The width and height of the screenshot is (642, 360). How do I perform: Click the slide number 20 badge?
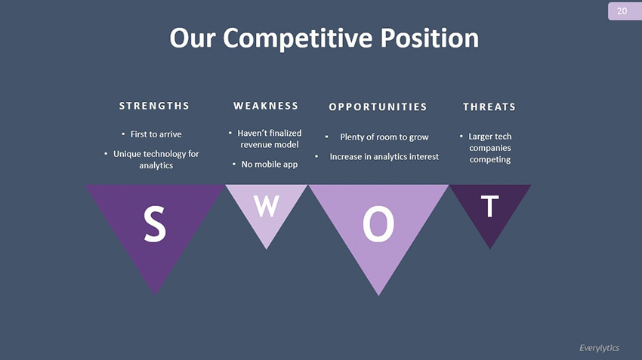(622, 11)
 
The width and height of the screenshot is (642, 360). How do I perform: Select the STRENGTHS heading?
(154, 106)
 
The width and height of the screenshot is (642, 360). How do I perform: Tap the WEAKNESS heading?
(266, 106)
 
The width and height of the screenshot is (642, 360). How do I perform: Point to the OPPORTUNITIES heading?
(378, 106)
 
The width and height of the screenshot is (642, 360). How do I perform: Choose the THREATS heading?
(489, 106)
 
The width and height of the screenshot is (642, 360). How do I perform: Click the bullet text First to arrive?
(156, 134)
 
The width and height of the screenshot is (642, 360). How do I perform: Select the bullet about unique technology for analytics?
(156, 159)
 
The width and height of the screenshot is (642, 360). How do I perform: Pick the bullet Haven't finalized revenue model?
(269, 138)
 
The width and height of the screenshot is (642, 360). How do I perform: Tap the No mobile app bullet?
(269, 164)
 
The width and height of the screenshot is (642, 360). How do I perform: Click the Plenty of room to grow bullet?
(384, 137)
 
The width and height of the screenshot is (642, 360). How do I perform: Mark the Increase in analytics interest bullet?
(384, 156)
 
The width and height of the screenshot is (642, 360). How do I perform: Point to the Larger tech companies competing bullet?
(489, 148)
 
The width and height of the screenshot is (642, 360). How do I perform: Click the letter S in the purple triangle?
(155, 224)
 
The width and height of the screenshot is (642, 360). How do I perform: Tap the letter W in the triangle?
(266, 206)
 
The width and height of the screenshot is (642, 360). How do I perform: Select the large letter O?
(378, 224)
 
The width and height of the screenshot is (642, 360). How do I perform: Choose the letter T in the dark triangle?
(490, 206)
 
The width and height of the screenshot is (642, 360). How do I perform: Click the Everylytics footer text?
(599, 347)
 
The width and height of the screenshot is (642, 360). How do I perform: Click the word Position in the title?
(432, 38)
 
